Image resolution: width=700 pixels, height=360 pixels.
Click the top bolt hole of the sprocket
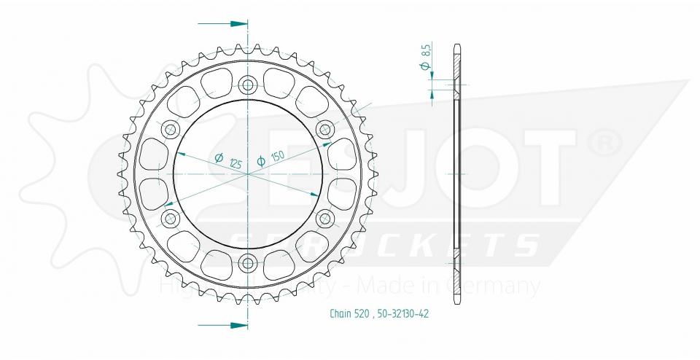249,85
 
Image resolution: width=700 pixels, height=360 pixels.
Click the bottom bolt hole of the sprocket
249,262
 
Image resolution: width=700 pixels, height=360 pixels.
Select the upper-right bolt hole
325,130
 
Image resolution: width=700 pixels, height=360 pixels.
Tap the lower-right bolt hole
325,218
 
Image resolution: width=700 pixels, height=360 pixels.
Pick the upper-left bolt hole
172,130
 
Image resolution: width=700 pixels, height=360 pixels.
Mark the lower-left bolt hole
172,218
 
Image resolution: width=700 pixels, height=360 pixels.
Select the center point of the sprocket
249,174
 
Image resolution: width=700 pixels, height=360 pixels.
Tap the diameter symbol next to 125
219,157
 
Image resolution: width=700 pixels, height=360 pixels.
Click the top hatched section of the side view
457,73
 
